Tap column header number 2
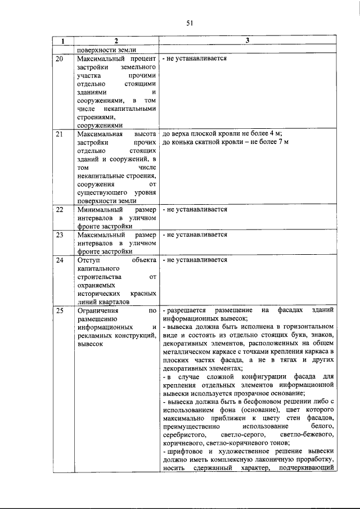pos(116,41)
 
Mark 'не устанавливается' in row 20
pos(196,58)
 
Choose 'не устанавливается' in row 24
pos(196,260)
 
